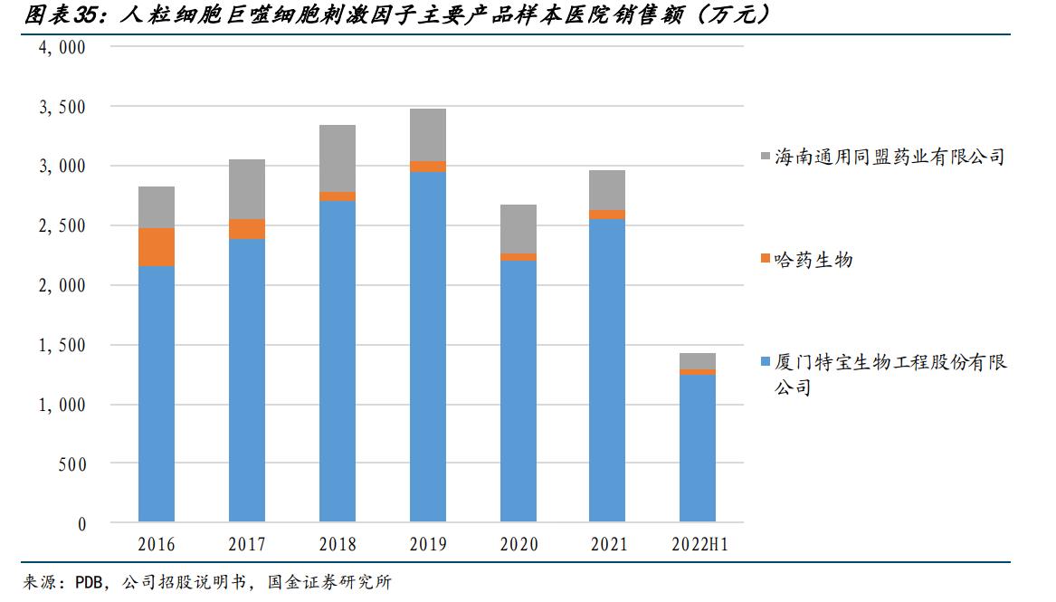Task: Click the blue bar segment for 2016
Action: [157, 394]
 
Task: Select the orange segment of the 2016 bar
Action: [157, 247]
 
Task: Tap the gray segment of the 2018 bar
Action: [338, 158]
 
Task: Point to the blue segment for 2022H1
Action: [698, 448]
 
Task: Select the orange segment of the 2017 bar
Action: [247, 229]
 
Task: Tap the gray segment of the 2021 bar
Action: [607, 190]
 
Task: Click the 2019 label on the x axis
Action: [428, 545]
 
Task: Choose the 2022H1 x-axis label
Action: [699, 545]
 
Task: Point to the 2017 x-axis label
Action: [247, 545]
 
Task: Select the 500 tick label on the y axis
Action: [71, 464]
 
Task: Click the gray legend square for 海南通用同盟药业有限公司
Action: [766, 158]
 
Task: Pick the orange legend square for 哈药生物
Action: [766, 260]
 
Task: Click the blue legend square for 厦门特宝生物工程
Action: [766, 362]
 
